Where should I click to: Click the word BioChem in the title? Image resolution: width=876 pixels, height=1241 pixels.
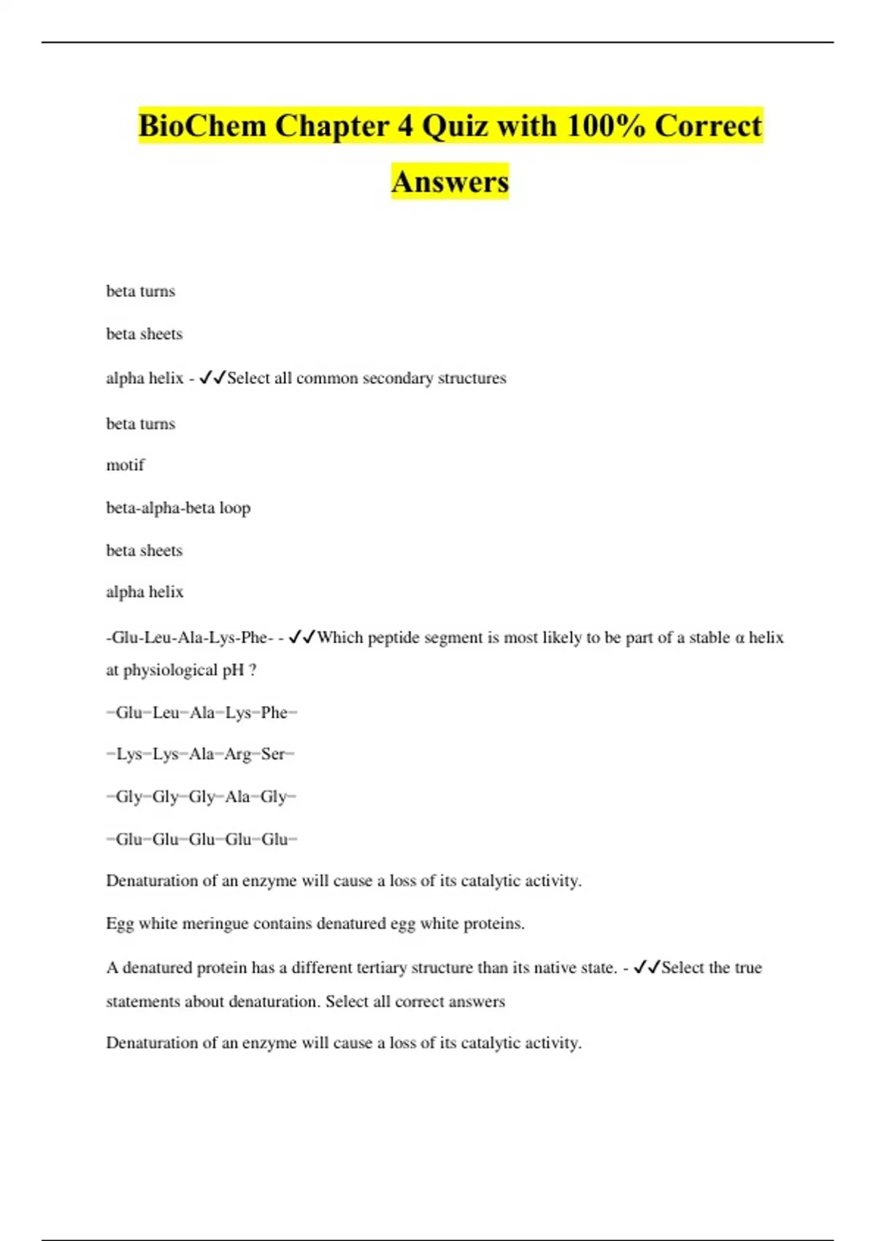coord(202,126)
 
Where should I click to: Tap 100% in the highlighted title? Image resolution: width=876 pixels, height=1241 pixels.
coord(605,126)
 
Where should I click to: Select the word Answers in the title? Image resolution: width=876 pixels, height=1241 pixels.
coord(450,182)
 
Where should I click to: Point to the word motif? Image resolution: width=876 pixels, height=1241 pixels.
coord(126,465)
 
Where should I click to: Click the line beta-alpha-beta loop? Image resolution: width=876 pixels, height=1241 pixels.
coord(178,507)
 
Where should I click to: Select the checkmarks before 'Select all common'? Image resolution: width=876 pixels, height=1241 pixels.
coord(212,377)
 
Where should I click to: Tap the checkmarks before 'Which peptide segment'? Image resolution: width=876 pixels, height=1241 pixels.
coord(302,637)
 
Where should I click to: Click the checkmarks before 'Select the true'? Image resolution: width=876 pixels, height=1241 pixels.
coord(647,967)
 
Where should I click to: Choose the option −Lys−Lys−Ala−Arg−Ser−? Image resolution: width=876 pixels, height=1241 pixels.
coord(201,754)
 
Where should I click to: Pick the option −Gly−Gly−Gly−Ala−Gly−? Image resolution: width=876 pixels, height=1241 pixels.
coord(201,796)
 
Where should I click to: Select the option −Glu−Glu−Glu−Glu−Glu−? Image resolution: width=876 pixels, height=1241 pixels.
coord(202,839)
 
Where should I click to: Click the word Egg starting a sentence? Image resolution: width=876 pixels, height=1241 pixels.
coord(120,923)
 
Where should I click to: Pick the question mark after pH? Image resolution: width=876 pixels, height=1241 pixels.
coord(253,670)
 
